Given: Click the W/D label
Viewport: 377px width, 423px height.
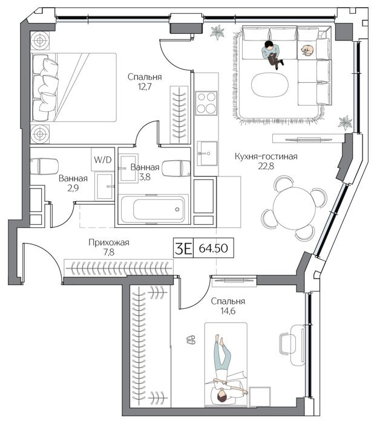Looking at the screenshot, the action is [x=103, y=160].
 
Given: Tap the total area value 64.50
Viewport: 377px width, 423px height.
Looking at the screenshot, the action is [x=214, y=248].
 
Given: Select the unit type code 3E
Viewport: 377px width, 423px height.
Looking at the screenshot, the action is [x=183, y=248].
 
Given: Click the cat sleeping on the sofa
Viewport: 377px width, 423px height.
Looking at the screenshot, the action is [x=307, y=50].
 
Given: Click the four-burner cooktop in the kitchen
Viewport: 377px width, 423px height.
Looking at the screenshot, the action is [x=206, y=103].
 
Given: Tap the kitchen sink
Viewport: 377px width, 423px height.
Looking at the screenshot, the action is [x=207, y=153].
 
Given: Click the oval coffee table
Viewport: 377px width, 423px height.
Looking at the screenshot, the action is [x=270, y=84].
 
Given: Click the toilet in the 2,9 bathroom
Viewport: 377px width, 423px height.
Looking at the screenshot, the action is [x=44, y=166].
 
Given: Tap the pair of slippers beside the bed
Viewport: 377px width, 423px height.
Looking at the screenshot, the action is [x=191, y=340].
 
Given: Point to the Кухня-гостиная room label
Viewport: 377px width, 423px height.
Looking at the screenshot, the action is [x=266, y=156].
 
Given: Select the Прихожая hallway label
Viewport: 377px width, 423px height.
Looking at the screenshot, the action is [x=109, y=242].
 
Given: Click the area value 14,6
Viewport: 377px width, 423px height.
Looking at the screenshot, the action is [x=228, y=311].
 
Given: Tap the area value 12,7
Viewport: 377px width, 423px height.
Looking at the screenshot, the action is [x=145, y=86].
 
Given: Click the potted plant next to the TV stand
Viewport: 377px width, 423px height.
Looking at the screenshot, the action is [x=345, y=122].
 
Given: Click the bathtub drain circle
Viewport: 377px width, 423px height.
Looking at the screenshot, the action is [x=177, y=209].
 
